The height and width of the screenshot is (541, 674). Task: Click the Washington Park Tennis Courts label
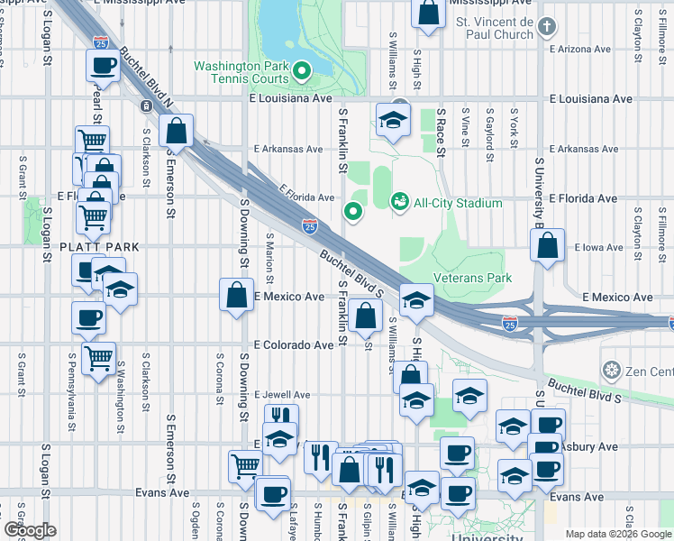241,72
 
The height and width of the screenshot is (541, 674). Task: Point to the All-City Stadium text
458,203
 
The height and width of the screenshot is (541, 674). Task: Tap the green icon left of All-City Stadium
398,202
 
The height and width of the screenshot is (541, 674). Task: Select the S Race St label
441,130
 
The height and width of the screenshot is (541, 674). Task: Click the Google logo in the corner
29,531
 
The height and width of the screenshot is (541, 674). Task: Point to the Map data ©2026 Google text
618,534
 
